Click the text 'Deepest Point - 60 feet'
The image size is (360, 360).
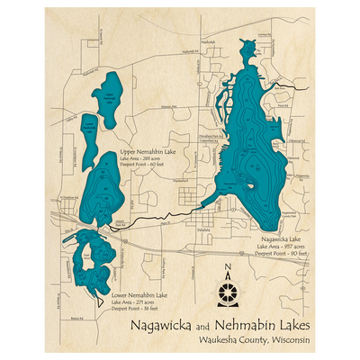(148, 166)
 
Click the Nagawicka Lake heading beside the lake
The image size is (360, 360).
(277, 239)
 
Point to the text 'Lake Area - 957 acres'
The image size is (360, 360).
(282, 246)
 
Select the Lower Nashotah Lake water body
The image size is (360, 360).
(91, 132)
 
